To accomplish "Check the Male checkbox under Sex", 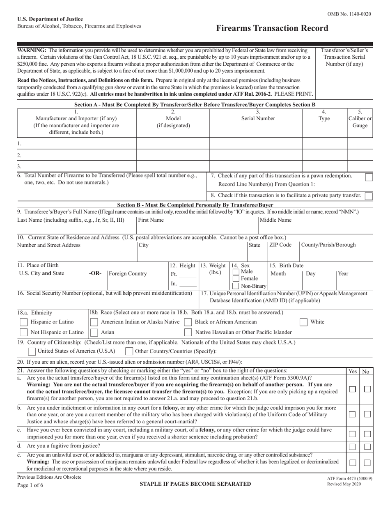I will [236, 272].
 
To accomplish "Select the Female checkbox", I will [236, 279].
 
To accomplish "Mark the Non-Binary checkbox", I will [236, 286].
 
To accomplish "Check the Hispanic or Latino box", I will [24, 322].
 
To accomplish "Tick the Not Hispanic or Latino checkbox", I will [24, 332].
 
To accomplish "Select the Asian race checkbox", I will [94, 332].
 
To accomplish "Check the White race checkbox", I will [304, 322].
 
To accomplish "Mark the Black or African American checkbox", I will [188, 322].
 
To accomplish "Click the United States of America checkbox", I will [31, 351].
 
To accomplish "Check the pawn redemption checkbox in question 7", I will [369, 177].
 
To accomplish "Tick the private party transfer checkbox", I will [369, 196].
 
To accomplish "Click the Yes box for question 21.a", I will [352, 389].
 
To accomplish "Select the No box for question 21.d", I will [367, 446].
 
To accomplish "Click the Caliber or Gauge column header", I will [360, 119].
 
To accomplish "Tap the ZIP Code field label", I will [280, 245].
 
